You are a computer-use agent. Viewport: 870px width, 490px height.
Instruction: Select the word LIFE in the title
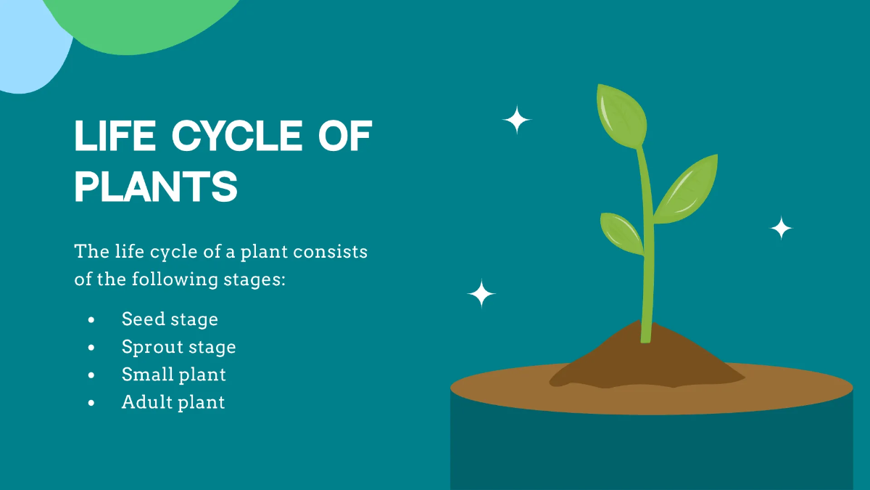[115, 136]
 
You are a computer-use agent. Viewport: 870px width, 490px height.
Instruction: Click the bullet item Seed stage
[170, 319]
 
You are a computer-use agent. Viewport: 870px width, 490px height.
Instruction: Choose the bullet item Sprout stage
[178, 347]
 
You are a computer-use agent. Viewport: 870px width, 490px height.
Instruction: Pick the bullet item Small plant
[174, 375]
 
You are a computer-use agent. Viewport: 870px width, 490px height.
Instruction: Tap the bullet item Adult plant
[173, 402]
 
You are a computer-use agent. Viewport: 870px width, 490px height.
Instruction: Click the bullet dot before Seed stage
[91, 319]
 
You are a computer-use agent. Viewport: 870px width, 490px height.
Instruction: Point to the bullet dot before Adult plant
[91, 403]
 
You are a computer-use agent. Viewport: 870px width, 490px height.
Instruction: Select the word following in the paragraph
[173, 279]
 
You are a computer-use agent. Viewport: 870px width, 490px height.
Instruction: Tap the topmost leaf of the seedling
[621, 115]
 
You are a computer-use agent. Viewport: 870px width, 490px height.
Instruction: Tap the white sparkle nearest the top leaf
[517, 120]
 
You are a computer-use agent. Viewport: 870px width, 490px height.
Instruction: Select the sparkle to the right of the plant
[781, 229]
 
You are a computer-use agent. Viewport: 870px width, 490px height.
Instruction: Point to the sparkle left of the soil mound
[481, 294]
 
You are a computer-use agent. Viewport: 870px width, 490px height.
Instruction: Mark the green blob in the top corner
[145, 22]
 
